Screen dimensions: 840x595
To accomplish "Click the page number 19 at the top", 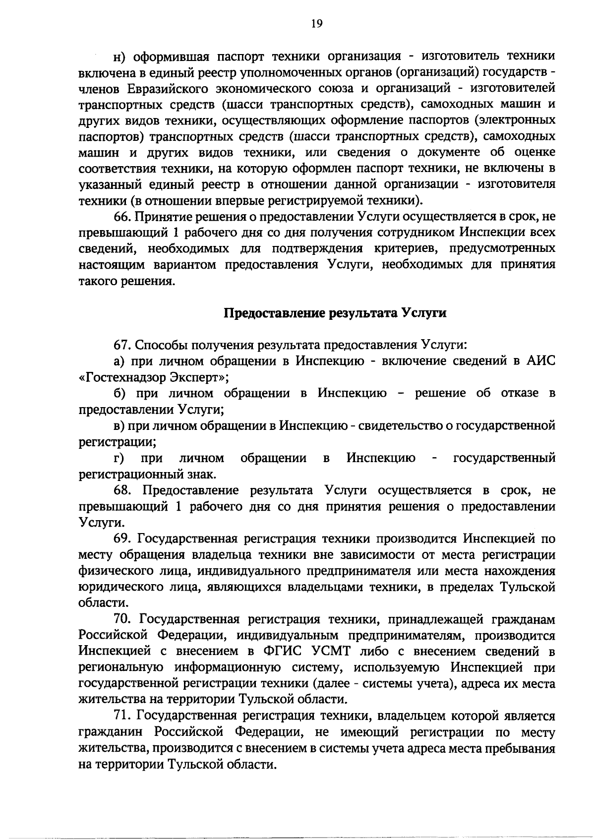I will pyautogui.click(x=317, y=23).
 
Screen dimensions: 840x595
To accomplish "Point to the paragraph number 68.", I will pyautogui.click(x=124, y=490).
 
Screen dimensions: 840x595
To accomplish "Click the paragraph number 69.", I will pyautogui.click(x=123, y=539).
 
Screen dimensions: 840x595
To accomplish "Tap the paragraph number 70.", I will pyautogui.click(x=123, y=619).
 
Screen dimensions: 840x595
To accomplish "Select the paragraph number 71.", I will pyautogui.click(x=122, y=716).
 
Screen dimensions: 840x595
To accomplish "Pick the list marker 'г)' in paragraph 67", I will pyautogui.click(x=119, y=458).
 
